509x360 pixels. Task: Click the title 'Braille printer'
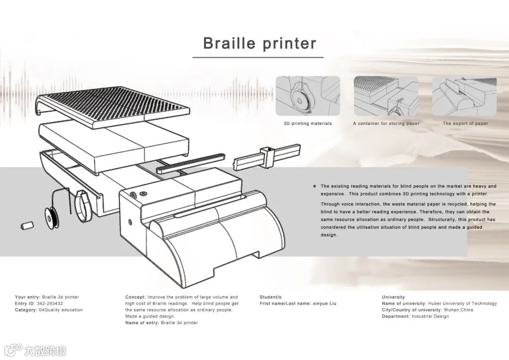260,43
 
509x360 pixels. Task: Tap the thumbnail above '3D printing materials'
308,96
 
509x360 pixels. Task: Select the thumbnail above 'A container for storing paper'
386,96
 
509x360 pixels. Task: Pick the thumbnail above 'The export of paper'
465,96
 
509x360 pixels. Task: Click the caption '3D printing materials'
308,123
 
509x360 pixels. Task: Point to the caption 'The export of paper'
465,123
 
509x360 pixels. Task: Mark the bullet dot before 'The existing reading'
314,186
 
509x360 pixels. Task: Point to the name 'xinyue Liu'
325,303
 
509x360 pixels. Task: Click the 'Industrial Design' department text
430,316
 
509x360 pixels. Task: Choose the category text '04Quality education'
60,310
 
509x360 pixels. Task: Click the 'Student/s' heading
271,297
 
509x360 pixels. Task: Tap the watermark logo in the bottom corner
35,350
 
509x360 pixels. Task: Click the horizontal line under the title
258,57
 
